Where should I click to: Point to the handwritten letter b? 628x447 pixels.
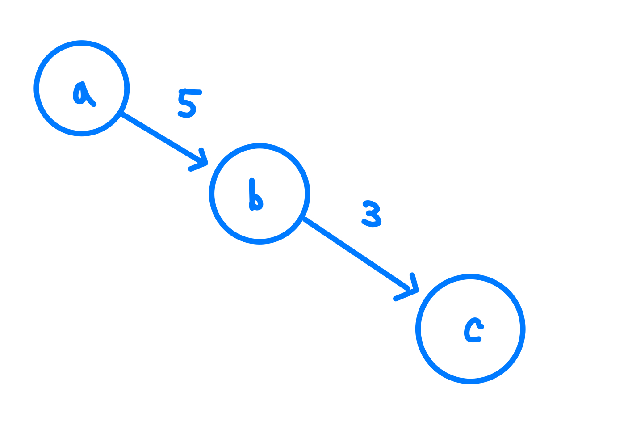coord(255,197)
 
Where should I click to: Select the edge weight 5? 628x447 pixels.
coord(188,103)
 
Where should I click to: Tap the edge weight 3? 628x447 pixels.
coord(372,213)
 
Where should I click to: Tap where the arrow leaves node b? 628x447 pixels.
coord(306,219)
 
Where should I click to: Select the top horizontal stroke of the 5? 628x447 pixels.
coord(191,92)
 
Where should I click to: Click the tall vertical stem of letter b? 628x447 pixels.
coord(252,190)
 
